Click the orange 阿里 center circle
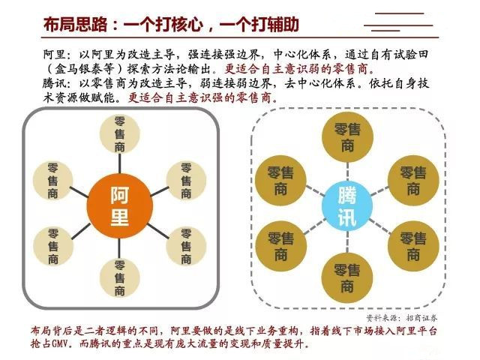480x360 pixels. [x=120, y=206]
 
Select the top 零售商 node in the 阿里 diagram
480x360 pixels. [x=120, y=134]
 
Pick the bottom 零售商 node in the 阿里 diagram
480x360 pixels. [x=120, y=278]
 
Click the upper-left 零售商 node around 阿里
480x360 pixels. [x=52, y=181]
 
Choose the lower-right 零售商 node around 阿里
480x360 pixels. [x=186, y=246]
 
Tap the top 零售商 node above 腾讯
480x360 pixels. [x=348, y=137]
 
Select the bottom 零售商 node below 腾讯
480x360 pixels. [x=347, y=278]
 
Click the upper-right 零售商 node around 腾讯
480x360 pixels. [x=413, y=181]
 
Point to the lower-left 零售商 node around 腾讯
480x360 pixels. [x=281, y=247]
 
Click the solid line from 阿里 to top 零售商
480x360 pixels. [x=120, y=163]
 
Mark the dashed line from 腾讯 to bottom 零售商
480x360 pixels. [x=347, y=242]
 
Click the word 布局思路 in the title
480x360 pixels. [x=76, y=24]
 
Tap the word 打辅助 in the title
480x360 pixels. [x=275, y=24]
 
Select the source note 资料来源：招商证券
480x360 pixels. [x=402, y=318]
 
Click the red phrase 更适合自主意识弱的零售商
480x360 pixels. [x=300, y=68]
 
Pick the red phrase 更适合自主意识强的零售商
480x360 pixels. [x=203, y=97]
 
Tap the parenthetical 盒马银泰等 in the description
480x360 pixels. [x=85, y=68]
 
